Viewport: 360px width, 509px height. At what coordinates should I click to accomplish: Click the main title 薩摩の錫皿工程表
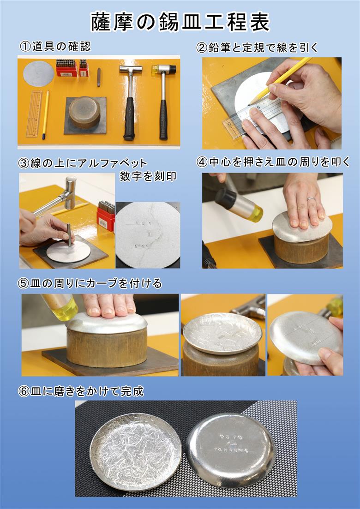pyautogui.click(x=180, y=22)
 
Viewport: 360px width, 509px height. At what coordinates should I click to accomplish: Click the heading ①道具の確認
pyautogui.click(x=55, y=46)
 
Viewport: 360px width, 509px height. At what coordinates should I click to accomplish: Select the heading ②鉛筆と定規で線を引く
pyautogui.click(x=258, y=47)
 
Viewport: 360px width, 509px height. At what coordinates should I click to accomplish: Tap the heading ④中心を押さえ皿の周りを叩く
pyautogui.click(x=273, y=162)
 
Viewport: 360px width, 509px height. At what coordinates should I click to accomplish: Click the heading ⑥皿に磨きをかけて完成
pyautogui.click(x=81, y=391)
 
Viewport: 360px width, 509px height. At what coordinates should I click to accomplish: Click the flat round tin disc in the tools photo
pyautogui.click(x=38, y=73)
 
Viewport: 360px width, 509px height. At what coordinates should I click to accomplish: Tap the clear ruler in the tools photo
pyautogui.click(x=34, y=114)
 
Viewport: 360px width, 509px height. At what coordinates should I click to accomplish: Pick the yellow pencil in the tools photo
pyautogui.click(x=45, y=114)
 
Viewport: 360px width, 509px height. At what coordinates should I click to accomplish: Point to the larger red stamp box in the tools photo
pyautogui.click(x=66, y=68)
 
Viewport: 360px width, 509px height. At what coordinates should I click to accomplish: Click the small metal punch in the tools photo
pyautogui.click(x=99, y=78)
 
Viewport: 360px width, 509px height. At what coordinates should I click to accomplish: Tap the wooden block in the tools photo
pyautogui.click(x=84, y=112)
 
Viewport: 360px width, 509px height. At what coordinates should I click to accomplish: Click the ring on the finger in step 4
pyautogui.click(x=312, y=199)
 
